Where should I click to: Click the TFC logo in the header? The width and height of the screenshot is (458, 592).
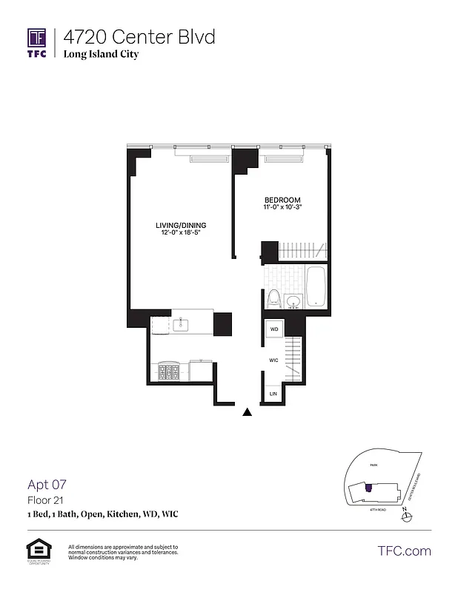click(37, 42)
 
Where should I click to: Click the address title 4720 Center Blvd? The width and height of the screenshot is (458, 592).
click(139, 37)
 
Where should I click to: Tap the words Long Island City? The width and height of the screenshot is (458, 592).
click(101, 55)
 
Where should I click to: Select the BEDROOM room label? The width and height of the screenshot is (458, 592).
click(282, 201)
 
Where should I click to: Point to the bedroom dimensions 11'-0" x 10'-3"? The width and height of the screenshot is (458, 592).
click(282, 208)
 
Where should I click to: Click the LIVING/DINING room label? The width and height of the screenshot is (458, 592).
click(181, 225)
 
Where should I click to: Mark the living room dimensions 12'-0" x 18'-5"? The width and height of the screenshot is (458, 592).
click(181, 233)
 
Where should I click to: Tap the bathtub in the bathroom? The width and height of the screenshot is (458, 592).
click(316, 287)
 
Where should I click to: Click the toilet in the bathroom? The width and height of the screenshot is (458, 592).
click(273, 299)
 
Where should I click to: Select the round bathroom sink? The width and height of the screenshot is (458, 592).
click(293, 300)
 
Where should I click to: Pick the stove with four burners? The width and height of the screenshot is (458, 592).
click(168, 370)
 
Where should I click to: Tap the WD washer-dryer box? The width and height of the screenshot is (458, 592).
click(273, 329)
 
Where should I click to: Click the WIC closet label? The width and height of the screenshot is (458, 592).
click(273, 360)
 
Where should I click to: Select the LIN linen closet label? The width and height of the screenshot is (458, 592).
click(273, 394)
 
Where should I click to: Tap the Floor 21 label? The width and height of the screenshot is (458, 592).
click(42, 500)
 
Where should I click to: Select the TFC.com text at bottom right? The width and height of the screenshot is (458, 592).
click(403, 551)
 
